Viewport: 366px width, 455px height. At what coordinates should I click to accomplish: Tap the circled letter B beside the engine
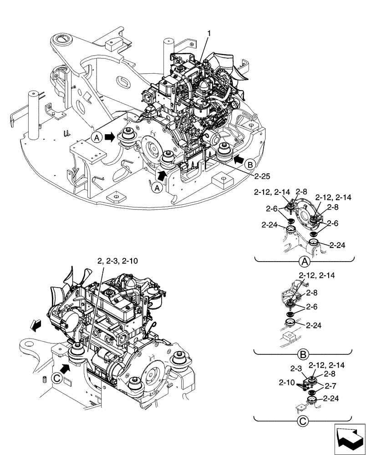click(249, 164)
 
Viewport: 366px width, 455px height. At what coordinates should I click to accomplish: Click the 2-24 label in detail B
click(315, 326)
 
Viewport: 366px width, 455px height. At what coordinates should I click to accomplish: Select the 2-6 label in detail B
click(312, 308)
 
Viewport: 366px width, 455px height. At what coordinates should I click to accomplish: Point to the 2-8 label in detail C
click(330, 374)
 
